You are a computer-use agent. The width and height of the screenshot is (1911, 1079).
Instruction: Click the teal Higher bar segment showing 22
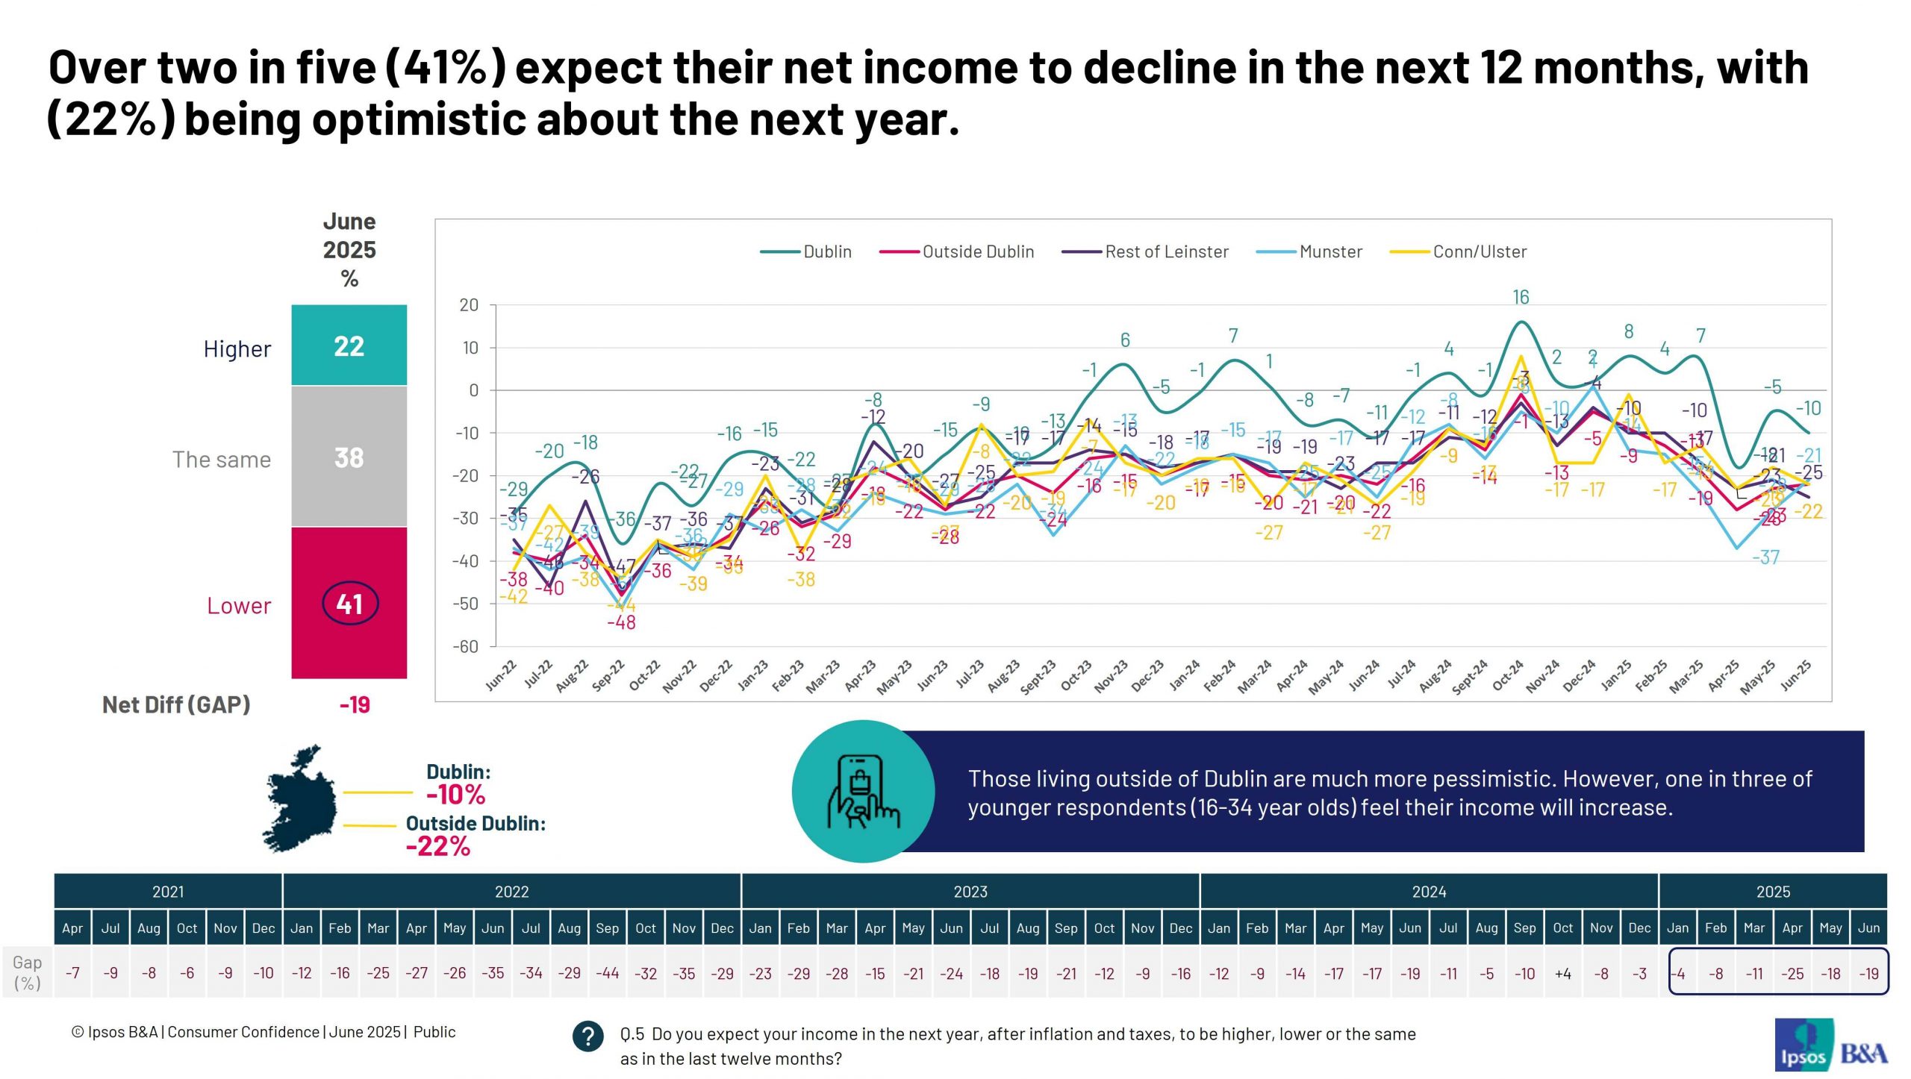pyautogui.click(x=349, y=346)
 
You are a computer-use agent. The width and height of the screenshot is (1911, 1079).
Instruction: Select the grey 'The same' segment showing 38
pyautogui.click(x=349, y=457)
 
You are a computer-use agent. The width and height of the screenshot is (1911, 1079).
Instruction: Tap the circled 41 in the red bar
pyautogui.click(x=350, y=603)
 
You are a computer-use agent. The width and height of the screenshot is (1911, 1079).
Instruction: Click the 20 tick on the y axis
pyautogui.click(x=469, y=305)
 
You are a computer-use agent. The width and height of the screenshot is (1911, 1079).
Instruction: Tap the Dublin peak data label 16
pyautogui.click(x=1521, y=298)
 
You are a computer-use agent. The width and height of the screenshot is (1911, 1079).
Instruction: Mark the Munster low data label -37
pyautogui.click(x=1766, y=557)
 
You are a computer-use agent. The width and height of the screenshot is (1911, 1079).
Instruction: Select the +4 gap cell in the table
pyautogui.click(x=1563, y=974)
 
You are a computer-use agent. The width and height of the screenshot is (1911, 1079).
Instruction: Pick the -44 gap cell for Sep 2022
pyautogui.click(x=608, y=974)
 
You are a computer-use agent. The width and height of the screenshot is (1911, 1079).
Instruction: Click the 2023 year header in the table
pyautogui.click(x=970, y=892)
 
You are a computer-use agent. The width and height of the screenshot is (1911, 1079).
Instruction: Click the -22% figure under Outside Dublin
pyautogui.click(x=438, y=847)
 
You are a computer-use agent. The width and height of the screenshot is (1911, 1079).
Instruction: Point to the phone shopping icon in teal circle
pyautogui.click(x=863, y=792)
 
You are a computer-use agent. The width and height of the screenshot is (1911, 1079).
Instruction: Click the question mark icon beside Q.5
pyautogui.click(x=588, y=1036)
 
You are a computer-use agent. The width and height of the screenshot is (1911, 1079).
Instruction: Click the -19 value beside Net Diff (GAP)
pyautogui.click(x=355, y=705)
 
